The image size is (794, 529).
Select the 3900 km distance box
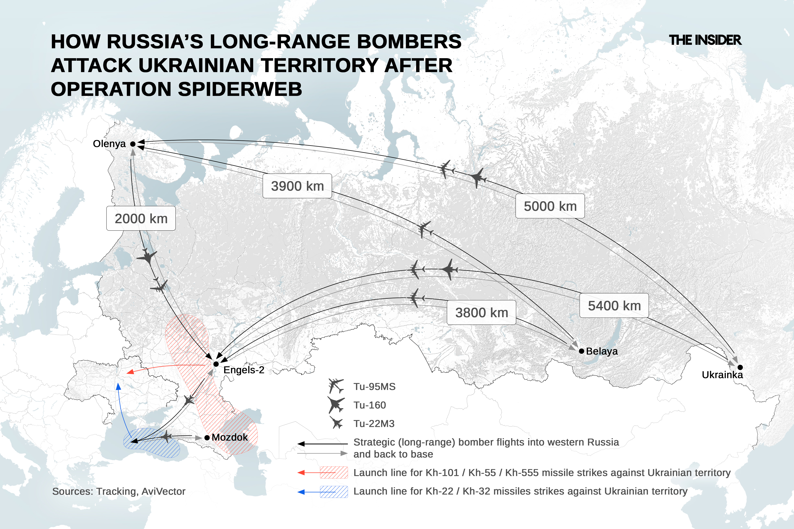(297, 186)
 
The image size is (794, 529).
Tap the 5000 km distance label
(550, 206)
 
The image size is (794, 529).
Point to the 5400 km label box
(614, 306)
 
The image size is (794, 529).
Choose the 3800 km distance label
(481, 312)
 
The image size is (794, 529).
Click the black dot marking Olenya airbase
(133, 144)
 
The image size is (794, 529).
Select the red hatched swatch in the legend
(333, 473)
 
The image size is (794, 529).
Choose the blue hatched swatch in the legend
(333, 492)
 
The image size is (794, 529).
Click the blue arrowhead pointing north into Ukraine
(118, 387)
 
